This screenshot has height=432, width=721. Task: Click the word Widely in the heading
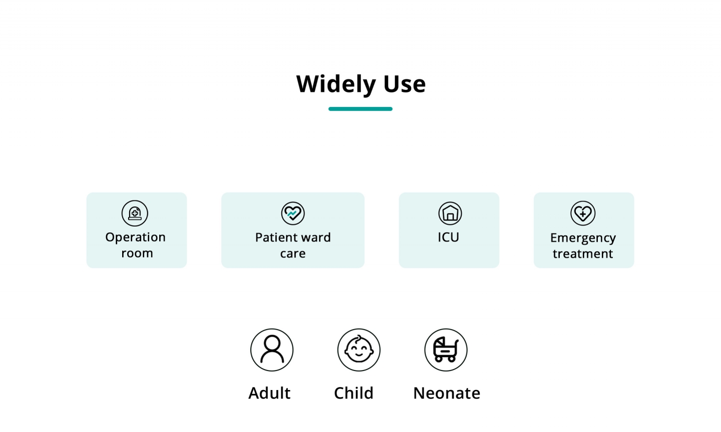pyautogui.click(x=336, y=84)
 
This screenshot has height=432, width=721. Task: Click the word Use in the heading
pyautogui.click(x=405, y=84)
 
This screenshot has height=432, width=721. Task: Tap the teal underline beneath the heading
pyautogui.click(x=360, y=109)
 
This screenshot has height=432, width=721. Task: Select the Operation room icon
pyautogui.click(x=135, y=213)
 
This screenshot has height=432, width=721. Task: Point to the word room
pyautogui.click(x=137, y=253)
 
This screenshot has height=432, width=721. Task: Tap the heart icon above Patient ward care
pyautogui.click(x=292, y=213)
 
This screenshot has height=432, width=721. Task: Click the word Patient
pyautogui.click(x=277, y=237)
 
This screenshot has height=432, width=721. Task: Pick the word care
pyautogui.click(x=292, y=253)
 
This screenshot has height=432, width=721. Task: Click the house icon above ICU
pyautogui.click(x=450, y=213)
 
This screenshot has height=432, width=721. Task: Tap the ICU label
pyautogui.click(x=449, y=237)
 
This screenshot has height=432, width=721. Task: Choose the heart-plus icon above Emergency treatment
pyautogui.click(x=583, y=213)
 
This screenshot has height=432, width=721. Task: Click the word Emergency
pyautogui.click(x=583, y=238)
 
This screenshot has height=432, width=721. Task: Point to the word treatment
pyautogui.click(x=583, y=253)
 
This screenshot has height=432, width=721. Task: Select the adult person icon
pyautogui.click(x=272, y=349)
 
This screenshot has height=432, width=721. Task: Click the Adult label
pyautogui.click(x=269, y=393)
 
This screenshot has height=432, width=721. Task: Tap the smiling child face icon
pyautogui.click(x=359, y=349)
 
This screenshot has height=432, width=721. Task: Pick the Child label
pyautogui.click(x=353, y=393)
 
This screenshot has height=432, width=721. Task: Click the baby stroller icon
pyautogui.click(x=446, y=349)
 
